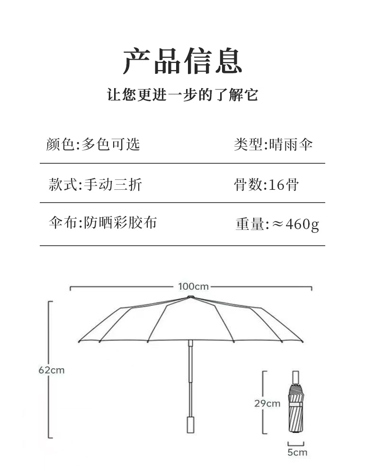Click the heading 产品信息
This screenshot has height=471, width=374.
point(183,61)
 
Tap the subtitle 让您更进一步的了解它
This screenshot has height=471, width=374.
point(183,95)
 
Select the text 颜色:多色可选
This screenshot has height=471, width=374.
point(93,144)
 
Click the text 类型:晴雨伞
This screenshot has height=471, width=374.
point(273,144)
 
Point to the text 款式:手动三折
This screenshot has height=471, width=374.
point(95,184)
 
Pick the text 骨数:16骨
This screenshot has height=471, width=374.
point(266,184)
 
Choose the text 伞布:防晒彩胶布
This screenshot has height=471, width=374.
point(102,222)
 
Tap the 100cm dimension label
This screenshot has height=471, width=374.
point(193,286)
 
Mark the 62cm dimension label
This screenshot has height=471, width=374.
point(51,370)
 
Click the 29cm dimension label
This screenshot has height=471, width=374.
point(267,403)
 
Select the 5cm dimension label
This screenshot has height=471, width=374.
point(297,452)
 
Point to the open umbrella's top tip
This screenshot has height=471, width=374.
point(190,297)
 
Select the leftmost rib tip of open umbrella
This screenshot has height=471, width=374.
point(80,341)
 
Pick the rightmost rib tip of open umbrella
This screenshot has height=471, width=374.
point(301,341)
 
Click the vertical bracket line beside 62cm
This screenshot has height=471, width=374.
point(49,369)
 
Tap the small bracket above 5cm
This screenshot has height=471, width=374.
point(296,444)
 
